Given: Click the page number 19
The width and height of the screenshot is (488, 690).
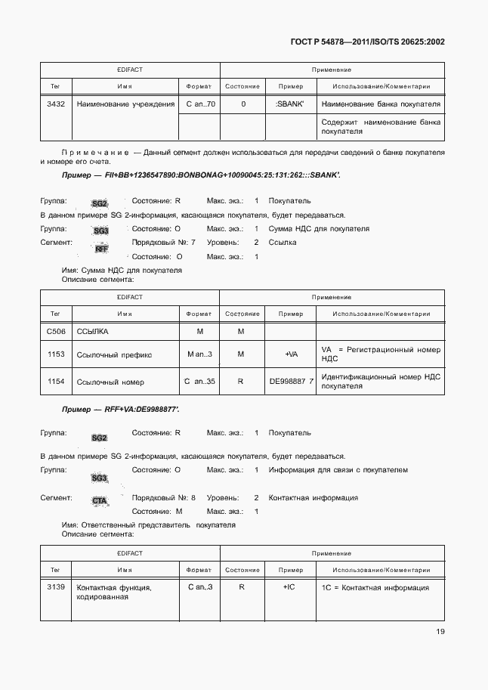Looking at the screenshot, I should coord(439,632).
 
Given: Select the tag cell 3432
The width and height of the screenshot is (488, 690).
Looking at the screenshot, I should coord(55,104).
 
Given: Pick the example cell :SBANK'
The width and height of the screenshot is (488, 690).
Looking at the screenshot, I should coord(290,104).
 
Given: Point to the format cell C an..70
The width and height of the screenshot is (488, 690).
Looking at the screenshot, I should coord(200,104).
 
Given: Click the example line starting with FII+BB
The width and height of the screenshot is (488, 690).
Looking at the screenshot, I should coord(200,175).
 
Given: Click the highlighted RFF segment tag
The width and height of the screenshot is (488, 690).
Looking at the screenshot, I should coord(102,249).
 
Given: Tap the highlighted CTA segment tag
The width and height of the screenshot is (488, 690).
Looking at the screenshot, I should coord(100,501).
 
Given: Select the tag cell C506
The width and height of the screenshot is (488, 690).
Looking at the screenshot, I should coord(55,332).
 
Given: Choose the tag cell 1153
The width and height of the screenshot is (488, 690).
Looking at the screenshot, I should coord(55,354).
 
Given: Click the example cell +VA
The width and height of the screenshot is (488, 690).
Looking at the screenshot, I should coord(290,354).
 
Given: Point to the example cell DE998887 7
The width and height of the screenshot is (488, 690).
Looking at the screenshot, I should coord(291,382).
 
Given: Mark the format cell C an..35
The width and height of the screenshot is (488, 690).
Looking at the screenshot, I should coord(199,382).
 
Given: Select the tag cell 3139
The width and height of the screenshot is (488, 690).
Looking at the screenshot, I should coord(55,587).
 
